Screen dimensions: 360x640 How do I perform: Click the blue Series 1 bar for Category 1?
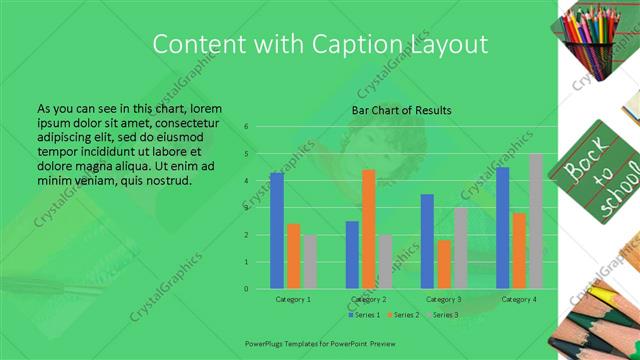(x=277, y=231)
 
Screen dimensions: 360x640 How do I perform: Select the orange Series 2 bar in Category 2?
(x=368, y=229)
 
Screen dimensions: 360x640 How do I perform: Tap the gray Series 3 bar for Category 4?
(x=535, y=221)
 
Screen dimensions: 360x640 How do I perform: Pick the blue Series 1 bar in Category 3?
(x=427, y=241)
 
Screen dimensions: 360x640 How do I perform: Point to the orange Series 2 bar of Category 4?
(x=519, y=250)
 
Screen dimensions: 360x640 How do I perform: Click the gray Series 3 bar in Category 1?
(x=310, y=262)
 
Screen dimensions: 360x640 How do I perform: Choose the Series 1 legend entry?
(x=366, y=315)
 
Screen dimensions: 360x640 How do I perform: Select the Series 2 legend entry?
(x=405, y=315)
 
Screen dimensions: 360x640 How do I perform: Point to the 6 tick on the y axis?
(x=246, y=127)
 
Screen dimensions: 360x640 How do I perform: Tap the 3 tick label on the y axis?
(x=246, y=208)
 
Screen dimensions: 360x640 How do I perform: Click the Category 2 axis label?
(x=368, y=300)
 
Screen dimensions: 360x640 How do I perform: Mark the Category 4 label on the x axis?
(x=519, y=300)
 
